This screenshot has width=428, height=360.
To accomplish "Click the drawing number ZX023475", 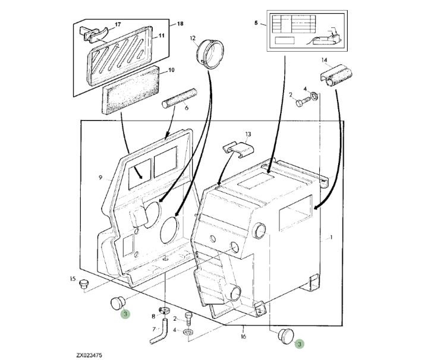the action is click(x=89, y=355).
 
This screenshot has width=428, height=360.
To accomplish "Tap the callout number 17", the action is click(x=118, y=24).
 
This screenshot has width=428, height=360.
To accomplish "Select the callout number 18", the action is click(x=180, y=24).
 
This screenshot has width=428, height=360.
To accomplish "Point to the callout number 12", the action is click(x=193, y=38).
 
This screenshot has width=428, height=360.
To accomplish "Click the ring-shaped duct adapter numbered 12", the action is click(x=210, y=53).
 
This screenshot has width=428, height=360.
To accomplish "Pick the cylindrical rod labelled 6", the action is click(x=180, y=99).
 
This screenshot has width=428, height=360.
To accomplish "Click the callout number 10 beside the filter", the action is click(x=171, y=70).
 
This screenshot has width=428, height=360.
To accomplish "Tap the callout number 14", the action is click(x=325, y=60).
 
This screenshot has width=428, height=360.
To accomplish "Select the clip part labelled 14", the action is click(x=336, y=75).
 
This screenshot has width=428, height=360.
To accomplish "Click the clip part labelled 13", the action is click(x=238, y=149).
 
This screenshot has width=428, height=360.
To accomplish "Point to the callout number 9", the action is click(x=100, y=178).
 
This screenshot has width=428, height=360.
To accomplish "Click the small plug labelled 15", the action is click(x=83, y=284).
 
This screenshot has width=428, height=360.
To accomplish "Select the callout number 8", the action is click(x=153, y=317).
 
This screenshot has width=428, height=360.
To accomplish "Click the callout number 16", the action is click(x=244, y=336).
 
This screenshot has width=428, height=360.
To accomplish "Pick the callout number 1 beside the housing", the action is click(x=331, y=238).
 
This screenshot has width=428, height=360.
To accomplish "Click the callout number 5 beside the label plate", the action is click(x=256, y=23).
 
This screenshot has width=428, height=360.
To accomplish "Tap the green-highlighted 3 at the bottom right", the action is click(x=300, y=344).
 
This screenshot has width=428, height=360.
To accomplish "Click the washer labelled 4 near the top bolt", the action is click(x=314, y=96).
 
